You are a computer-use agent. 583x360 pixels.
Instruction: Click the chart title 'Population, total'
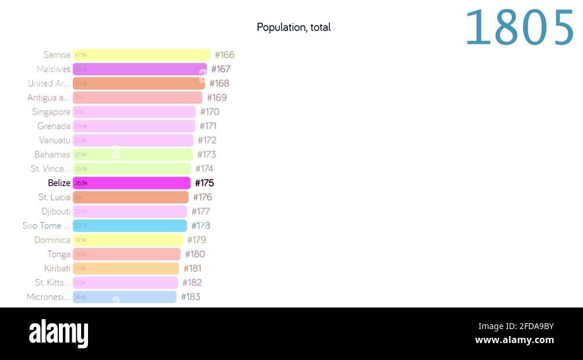pyautogui.click(x=293, y=27)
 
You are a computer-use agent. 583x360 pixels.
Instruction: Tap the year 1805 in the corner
pyautogui.click(x=519, y=28)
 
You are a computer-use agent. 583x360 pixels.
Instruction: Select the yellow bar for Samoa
pyautogui.click(x=141, y=55)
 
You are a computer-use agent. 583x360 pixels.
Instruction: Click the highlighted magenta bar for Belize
pyautogui.click(x=132, y=183)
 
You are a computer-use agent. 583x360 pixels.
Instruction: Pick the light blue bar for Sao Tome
pyautogui.click(x=129, y=226)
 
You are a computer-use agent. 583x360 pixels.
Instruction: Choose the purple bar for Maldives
pyautogui.click(x=139, y=69)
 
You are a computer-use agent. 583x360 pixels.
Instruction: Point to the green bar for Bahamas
pyautogui.click(x=132, y=155)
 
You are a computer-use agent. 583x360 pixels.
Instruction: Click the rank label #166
pyautogui.click(x=224, y=55)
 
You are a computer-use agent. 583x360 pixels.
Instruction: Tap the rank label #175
pyautogui.click(x=205, y=183)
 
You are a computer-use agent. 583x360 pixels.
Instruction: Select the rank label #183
pyautogui.click(x=191, y=297)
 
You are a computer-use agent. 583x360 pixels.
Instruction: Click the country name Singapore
pyautogui.click(x=51, y=112)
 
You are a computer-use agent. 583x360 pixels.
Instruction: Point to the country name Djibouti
pyautogui.click(x=56, y=211)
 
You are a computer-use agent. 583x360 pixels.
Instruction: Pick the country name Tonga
pyautogui.click(x=59, y=254)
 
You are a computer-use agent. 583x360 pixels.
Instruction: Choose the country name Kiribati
pyautogui.click(x=57, y=268)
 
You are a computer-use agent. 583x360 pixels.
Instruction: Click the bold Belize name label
pyautogui.click(x=59, y=183)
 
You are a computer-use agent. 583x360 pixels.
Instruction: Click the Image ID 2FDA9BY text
pyautogui.click(x=516, y=326)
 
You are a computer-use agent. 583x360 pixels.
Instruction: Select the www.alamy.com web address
pyautogui.click(x=514, y=340)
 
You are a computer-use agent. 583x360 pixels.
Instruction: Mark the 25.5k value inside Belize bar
pyautogui.click(x=81, y=183)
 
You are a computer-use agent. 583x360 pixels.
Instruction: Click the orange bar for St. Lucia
pyautogui.click(x=131, y=197)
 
